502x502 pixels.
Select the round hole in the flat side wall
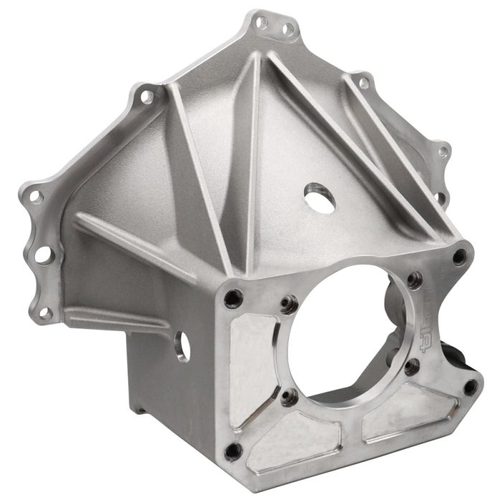pos(183,346)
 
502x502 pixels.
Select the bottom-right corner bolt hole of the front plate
pos(470,387)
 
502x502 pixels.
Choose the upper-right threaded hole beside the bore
pos(412,280)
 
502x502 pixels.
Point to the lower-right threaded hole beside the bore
pos(412,368)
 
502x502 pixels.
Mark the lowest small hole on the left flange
pos(44,313)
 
